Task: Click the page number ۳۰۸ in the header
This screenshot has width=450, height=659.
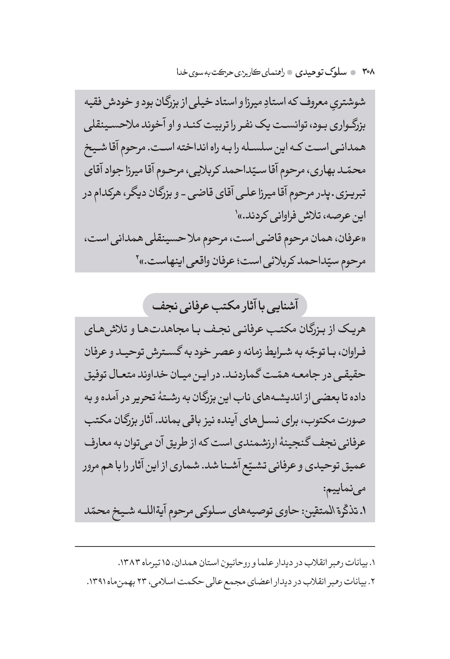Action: tap(368, 72)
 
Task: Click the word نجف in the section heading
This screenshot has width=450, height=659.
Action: tap(161, 306)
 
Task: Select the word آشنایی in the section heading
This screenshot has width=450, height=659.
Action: tap(284, 306)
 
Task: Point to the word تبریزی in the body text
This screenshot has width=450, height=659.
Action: tap(352, 194)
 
